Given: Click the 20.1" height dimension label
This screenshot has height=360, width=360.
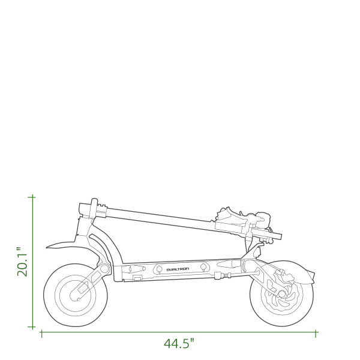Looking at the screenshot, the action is point(22,262).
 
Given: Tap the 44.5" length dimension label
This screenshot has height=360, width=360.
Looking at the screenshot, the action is point(179,343).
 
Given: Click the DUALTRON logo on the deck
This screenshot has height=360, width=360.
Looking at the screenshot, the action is point(178,269).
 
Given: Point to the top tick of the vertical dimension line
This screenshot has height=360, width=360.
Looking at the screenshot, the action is point(32,197).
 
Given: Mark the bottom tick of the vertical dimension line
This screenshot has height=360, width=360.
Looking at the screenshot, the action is point(32,326).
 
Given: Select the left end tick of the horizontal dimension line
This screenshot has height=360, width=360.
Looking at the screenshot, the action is point(41,334).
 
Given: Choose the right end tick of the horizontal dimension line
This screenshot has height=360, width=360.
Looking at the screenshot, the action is point(316,334).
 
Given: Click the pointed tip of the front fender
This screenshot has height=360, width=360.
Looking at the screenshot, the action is point(47,247).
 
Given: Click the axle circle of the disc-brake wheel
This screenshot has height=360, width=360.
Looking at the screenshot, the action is point(282,293).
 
